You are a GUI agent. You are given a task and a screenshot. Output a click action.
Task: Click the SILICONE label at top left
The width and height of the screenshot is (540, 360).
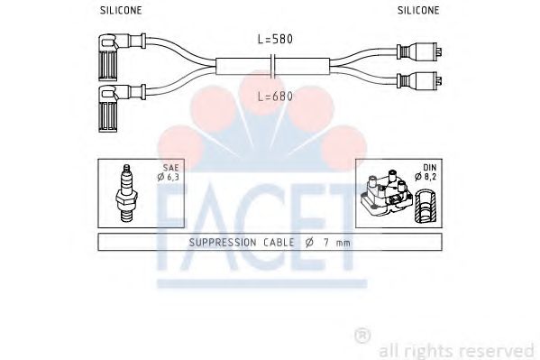(119, 11)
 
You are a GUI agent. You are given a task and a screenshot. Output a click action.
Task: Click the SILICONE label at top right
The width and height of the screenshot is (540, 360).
(418, 11)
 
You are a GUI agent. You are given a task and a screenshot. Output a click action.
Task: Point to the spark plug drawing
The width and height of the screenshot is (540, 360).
(126, 192)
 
